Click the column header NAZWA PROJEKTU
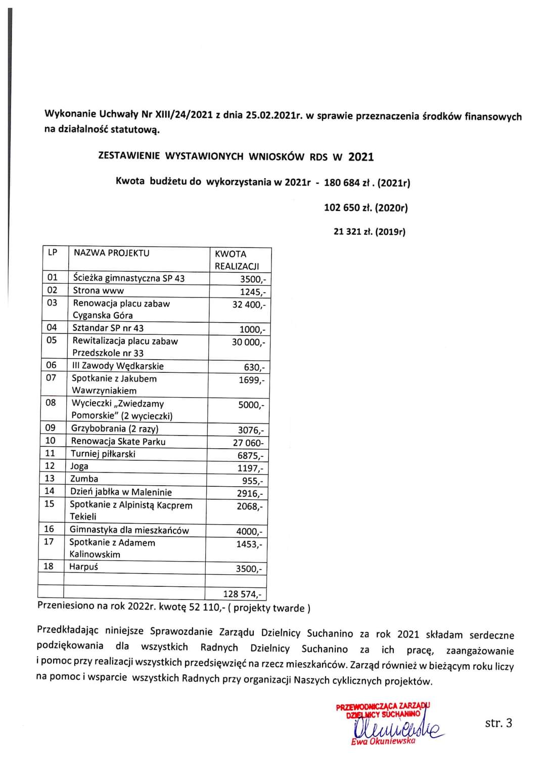(111, 253)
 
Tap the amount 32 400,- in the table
(248, 305)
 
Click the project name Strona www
(98, 290)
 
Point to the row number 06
(52, 365)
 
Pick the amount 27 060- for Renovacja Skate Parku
(248, 443)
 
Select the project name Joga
(79, 466)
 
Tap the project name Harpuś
(83, 567)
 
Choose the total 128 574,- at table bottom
(242, 594)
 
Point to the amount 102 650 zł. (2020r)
(366, 207)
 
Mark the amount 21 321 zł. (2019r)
(369, 232)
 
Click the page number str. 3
(498, 723)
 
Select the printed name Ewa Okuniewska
(383, 741)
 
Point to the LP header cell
(53, 252)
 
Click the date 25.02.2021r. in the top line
(274, 115)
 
